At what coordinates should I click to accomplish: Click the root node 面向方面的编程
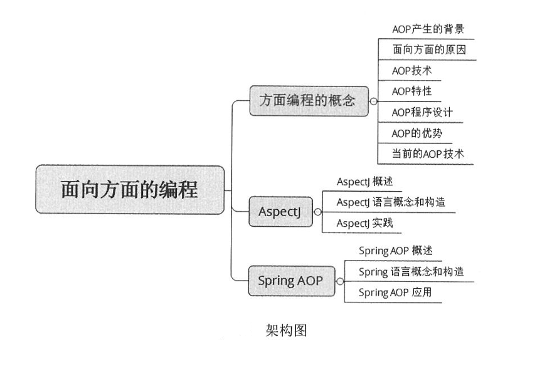[x=130, y=189]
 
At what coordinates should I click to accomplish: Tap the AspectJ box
[x=280, y=212]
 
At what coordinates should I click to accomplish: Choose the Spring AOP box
[x=290, y=281]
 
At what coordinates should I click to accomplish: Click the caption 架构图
[x=286, y=331]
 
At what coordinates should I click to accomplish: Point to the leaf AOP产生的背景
[x=428, y=29]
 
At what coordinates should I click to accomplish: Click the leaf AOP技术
[x=412, y=71]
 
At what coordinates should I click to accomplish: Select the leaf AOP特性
[x=412, y=91]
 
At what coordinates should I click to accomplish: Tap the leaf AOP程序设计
[x=422, y=112]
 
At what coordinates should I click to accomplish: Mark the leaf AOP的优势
[x=418, y=133]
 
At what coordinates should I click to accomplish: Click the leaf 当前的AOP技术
[x=428, y=153]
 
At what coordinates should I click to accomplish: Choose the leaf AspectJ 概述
[x=364, y=182]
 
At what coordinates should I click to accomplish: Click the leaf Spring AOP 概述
[x=395, y=251]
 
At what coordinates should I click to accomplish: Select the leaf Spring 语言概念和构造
[x=411, y=272]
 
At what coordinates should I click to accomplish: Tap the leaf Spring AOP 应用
[x=395, y=292]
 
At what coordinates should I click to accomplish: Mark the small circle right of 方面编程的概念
[x=373, y=101]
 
